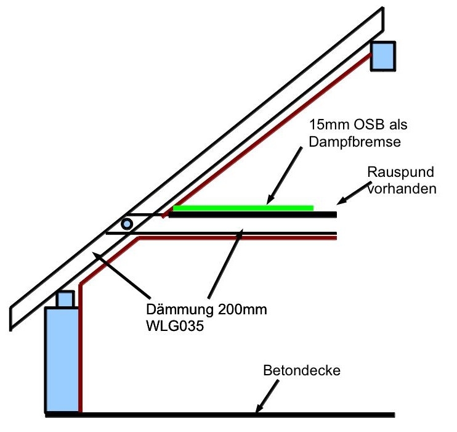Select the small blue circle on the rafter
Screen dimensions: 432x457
pos(127,224)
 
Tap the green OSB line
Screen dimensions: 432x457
pos(243,208)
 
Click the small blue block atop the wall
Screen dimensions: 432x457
pos(65,299)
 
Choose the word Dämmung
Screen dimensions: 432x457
pos(174,309)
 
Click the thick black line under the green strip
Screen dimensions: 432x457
pos(253,214)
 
